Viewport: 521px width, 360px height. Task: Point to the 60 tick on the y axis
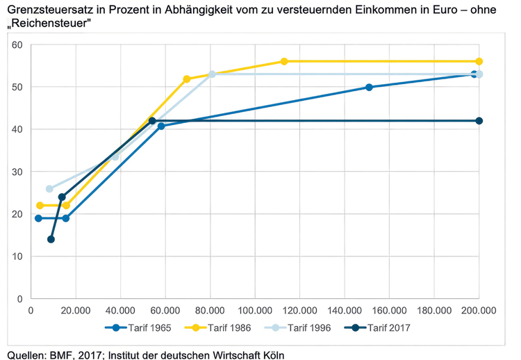coord(18,44)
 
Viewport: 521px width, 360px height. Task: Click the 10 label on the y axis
coord(18,256)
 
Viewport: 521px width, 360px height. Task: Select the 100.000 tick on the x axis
coord(254,309)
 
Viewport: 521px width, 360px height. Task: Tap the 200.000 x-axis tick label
coord(478,309)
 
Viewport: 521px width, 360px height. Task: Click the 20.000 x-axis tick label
coord(75,309)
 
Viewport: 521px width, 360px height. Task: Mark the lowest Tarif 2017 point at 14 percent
coord(51,239)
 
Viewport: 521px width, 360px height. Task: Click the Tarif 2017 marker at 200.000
coord(479,121)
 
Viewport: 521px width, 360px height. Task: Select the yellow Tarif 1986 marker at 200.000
coord(479,62)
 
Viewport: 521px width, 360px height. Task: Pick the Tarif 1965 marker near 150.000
coord(369,87)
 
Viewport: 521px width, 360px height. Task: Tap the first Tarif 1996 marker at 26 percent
coord(49,188)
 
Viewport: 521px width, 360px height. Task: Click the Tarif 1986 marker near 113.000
coord(284,62)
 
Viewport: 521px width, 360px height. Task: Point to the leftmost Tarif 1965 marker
coord(39,218)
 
